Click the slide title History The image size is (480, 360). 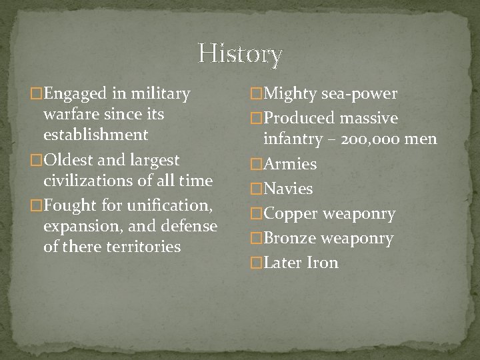(x=240, y=54)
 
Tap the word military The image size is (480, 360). (x=162, y=93)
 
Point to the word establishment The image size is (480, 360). (x=95, y=134)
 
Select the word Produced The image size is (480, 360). (x=298, y=119)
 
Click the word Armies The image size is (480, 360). (x=291, y=164)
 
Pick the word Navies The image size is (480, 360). (x=289, y=189)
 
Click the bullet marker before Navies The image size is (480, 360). (x=255, y=189)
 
